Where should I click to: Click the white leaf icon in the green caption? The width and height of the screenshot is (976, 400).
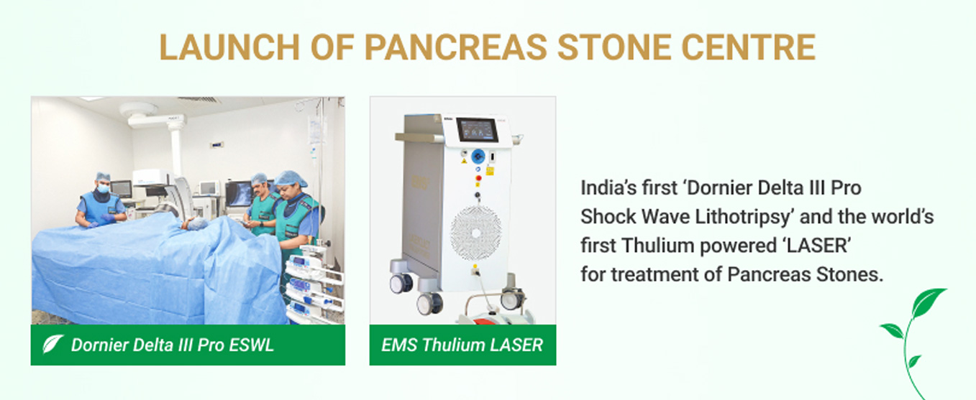pos(53,344)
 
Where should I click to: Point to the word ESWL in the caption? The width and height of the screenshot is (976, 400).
pos(251,345)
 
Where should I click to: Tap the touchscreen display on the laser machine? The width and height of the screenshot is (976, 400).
pos(477,129)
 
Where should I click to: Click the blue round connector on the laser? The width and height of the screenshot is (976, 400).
pos(478,156)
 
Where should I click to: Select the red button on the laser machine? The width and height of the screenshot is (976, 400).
pos(478,178)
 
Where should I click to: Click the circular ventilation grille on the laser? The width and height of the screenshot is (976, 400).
pos(476,233)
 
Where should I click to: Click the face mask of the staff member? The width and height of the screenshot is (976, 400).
pos(103,188)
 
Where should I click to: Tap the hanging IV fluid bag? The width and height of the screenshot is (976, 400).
pos(316,131)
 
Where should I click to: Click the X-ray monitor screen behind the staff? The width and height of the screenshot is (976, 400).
pos(238,194)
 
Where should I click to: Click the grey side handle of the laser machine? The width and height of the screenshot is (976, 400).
pos(419,138)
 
